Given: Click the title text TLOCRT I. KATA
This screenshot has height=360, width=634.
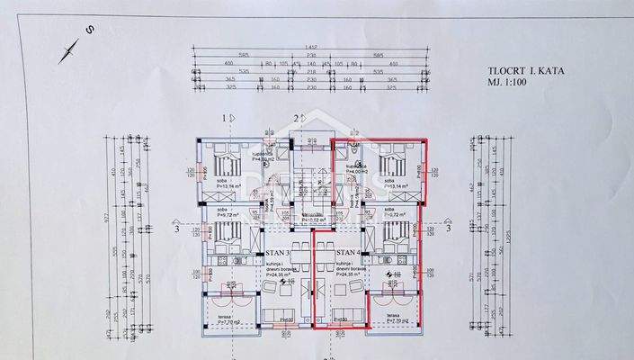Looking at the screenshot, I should [527, 68].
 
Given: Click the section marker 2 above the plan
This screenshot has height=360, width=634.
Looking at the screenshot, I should [299, 119].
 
